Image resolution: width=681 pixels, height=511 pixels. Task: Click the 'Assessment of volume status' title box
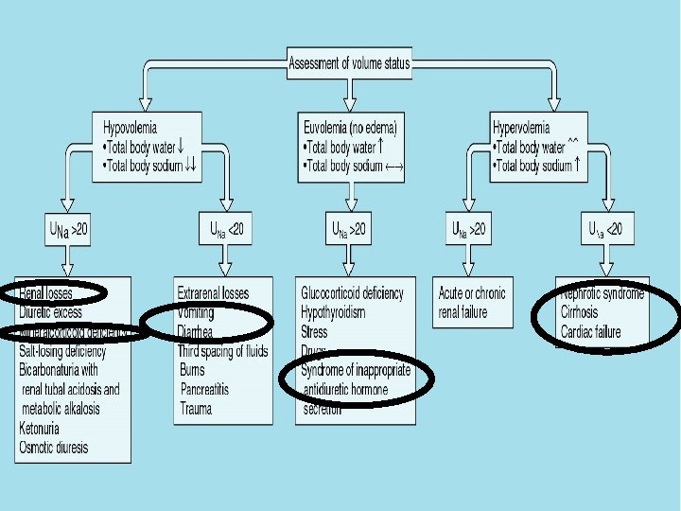(351, 65)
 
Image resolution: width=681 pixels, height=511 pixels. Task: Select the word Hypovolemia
(131, 126)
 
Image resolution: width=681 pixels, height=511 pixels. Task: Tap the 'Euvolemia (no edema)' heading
(351, 126)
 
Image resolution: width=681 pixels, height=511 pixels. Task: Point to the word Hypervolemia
(526, 126)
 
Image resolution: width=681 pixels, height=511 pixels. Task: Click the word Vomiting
(196, 312)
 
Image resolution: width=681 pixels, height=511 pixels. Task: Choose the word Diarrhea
(195, 331)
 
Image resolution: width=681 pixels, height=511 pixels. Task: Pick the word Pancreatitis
(204, 389)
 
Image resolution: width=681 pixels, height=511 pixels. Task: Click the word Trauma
(196, 409)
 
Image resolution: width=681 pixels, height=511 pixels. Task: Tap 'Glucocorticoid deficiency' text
(352, 292)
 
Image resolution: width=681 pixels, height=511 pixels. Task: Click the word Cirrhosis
(579, 312)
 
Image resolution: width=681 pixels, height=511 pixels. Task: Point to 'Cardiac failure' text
(590, 331)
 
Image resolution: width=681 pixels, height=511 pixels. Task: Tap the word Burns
(192, 370)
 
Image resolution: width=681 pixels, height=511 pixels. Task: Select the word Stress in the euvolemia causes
(314, 331)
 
